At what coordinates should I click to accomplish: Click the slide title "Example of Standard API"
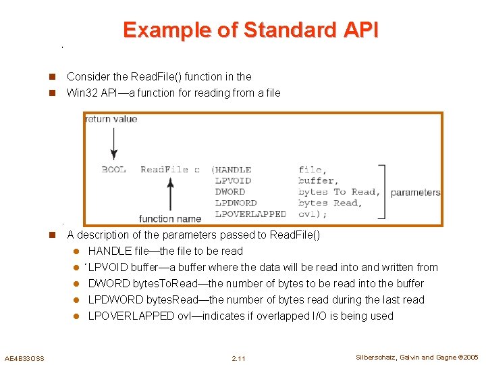coord(250,30)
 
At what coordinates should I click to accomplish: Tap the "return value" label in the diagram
coord(111,119)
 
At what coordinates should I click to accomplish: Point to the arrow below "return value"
coord(113,143)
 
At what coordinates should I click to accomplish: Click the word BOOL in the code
coord(113,170)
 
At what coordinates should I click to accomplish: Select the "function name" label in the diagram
coord(170,218)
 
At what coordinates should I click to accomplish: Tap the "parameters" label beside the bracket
coord(415,192)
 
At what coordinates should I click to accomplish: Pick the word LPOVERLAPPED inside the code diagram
coord(250,214)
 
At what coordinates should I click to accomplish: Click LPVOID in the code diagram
coord(233,180)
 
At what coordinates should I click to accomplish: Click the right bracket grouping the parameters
coord(382,192)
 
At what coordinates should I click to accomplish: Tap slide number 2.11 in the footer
coord(238,358)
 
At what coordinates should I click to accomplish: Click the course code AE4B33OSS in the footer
coord(24,358)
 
